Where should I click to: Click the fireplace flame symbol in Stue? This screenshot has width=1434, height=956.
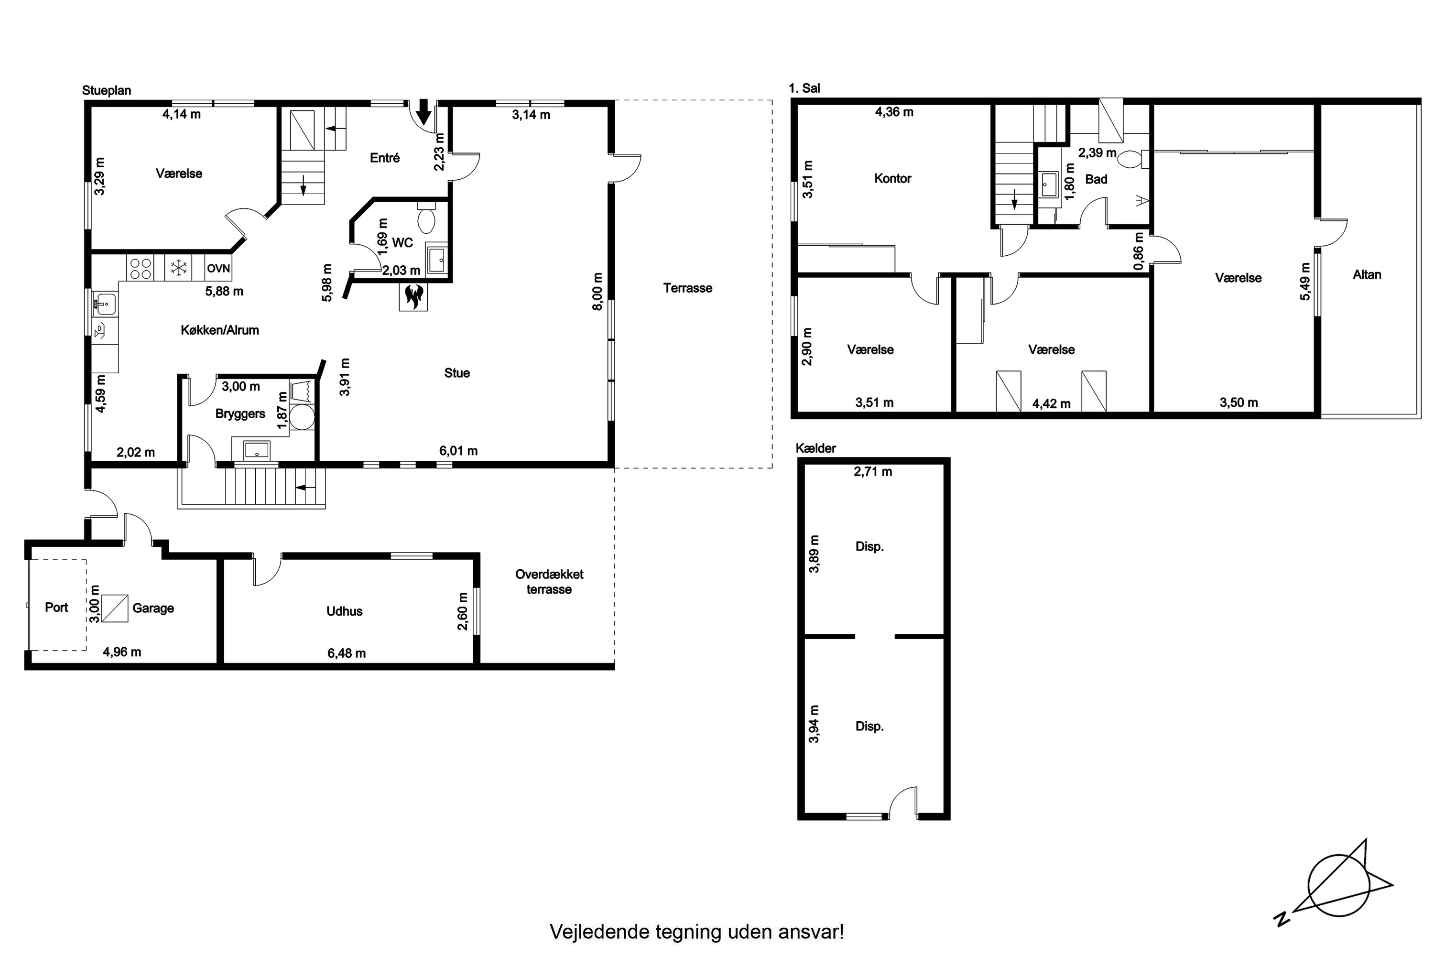413,296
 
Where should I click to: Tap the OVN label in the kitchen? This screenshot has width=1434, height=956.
218,268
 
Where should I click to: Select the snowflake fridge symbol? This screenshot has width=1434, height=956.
178,268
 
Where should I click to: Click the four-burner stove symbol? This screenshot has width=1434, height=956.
140,268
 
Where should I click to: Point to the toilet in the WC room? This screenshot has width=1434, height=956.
426,217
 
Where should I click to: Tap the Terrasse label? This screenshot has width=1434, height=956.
688,288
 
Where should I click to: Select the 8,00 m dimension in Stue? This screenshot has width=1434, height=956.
597,292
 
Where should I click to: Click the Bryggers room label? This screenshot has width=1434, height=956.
240,414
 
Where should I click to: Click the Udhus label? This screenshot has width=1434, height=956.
345,611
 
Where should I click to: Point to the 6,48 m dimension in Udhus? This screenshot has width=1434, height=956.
347,653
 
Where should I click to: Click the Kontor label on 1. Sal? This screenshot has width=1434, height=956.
892,179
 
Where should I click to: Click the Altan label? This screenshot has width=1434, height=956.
1367,274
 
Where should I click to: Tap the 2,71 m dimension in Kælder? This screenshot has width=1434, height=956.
873,471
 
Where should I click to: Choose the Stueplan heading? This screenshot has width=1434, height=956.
107,91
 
